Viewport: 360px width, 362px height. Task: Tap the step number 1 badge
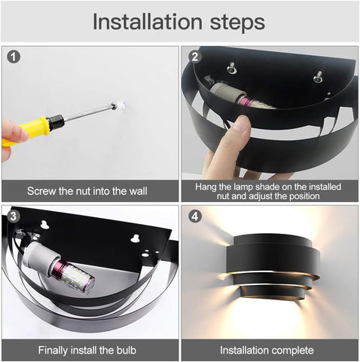point(14,57)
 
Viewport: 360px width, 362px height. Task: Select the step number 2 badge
point(194,57)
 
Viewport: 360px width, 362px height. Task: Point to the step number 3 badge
point(14,215)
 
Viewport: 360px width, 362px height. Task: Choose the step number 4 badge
point(194,215)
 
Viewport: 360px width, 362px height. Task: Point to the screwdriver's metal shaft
point(87,115)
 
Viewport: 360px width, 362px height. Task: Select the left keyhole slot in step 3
point(45,225)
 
